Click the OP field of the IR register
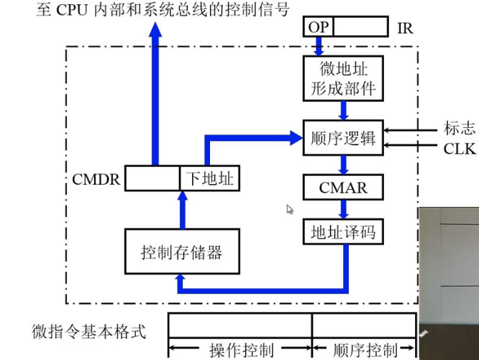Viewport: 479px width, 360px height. [x=317, y=27]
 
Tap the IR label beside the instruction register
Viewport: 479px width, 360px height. [x=405, y=28]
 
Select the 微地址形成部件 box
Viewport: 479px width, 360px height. [x=343, y=79]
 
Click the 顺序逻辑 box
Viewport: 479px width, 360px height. [x=343, y=138]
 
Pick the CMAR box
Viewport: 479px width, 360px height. [x=343, y=188]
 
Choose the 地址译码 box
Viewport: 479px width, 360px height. [x=343, y=232]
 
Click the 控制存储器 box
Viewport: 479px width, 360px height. [x=181, y=251]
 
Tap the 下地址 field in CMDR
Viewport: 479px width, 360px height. [x=209, y=177]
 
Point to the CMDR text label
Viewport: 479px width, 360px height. [x=96, y=177]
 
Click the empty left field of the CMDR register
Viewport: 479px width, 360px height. [x=152, y=177]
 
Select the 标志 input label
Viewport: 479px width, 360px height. [x=459, y=129]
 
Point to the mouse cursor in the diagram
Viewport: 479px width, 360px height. [x=290, y=209]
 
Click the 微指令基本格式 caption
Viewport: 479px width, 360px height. [x=89, y=331]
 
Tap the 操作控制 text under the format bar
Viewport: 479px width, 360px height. [x=241, y=350]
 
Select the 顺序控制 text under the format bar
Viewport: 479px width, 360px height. [x=365, y=350]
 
